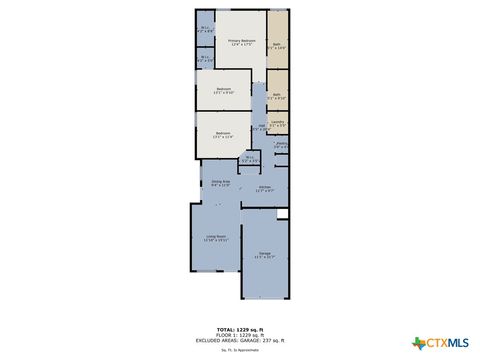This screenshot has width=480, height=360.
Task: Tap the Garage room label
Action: pyautogui.click(x=265, y=255)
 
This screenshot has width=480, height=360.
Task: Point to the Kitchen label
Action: pyautogui.click(x=265, y=188)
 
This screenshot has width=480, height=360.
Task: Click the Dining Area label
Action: pyautogui.click(x=220, y=182)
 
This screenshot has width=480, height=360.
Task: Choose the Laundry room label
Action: pyautogui.click(x=278, y=123)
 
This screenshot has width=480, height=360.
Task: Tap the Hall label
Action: pyautogui.click(x=258, y=127)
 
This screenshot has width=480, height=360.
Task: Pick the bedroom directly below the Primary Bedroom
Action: pyautogui.click(x=223, y=91)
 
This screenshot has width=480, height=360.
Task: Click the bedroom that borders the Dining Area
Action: pyautogui.click(x=223, y=135)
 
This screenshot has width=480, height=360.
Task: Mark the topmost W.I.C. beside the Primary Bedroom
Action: pyautogui.click(x=205, y=29)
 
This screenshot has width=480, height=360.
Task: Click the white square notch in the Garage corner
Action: pyautogui.click(x=283, y=213)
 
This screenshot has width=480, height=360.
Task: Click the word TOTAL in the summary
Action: pyautogui.click(x=227, y=328)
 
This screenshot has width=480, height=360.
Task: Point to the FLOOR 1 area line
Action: pyautogui.click(x=240, y=333)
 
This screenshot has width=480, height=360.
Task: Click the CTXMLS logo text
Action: pyautogui.click(x=449, y=343)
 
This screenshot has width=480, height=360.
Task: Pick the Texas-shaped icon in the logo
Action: pyautogui.click(x=419, y=343)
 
